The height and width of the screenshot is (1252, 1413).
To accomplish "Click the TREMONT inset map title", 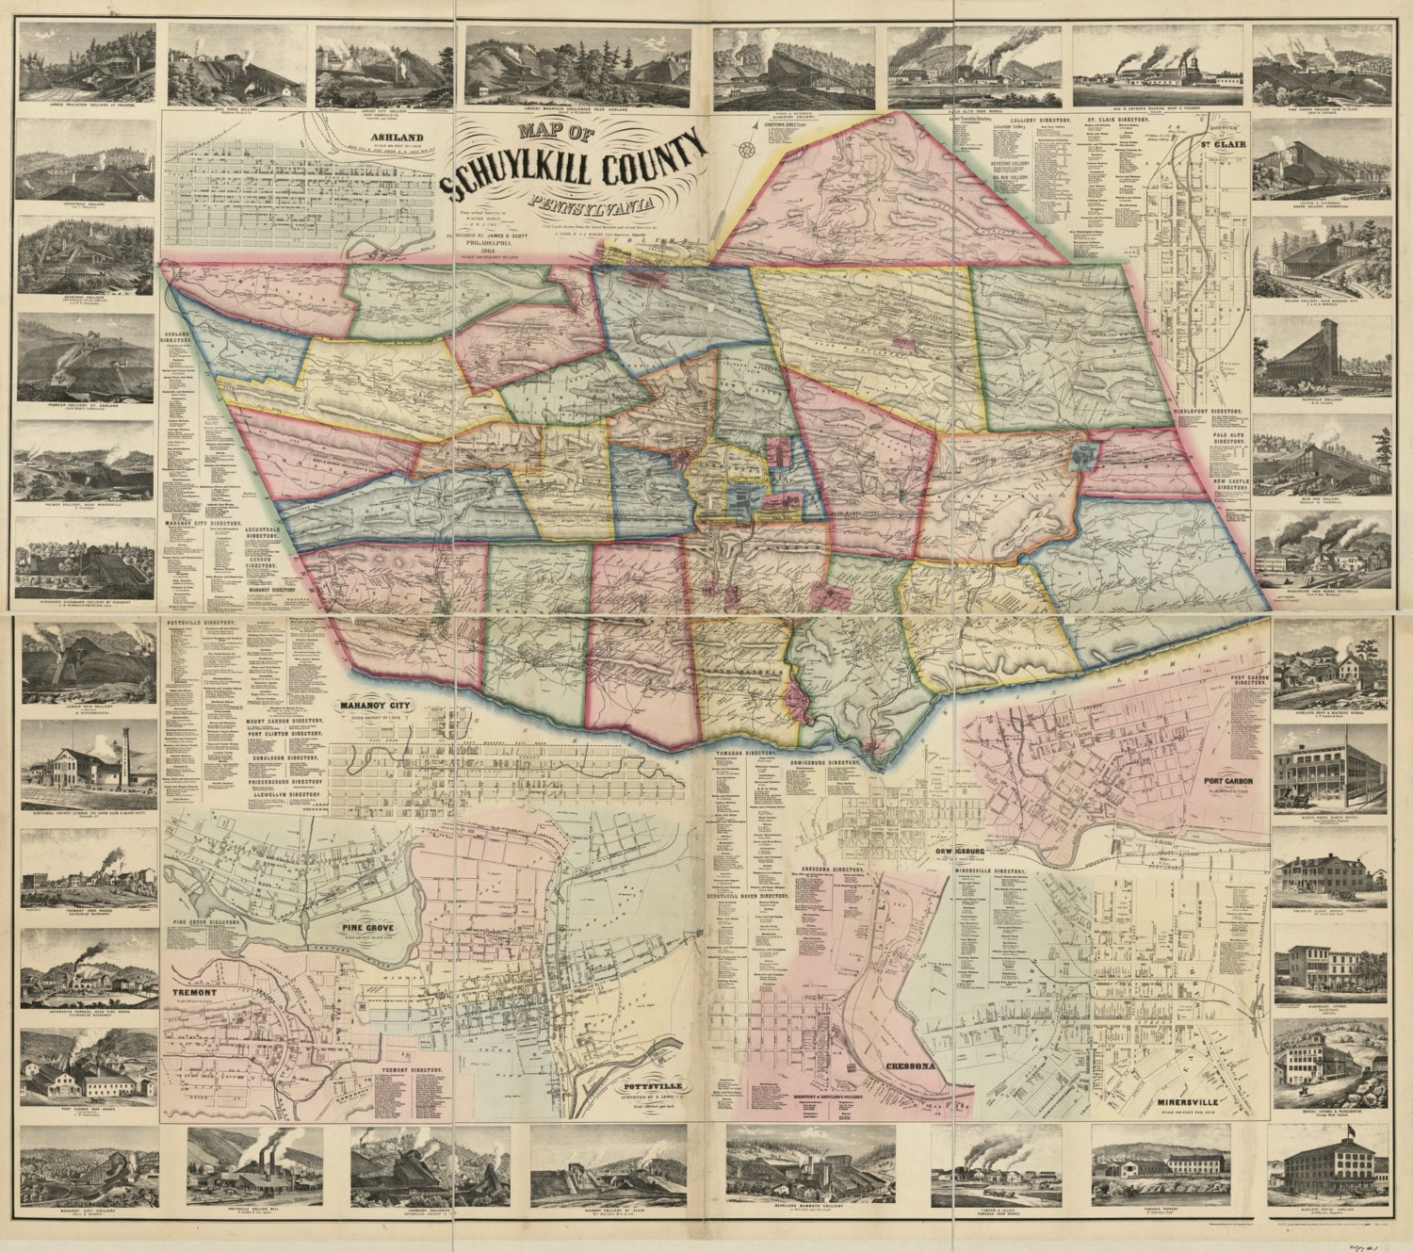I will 195,993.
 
